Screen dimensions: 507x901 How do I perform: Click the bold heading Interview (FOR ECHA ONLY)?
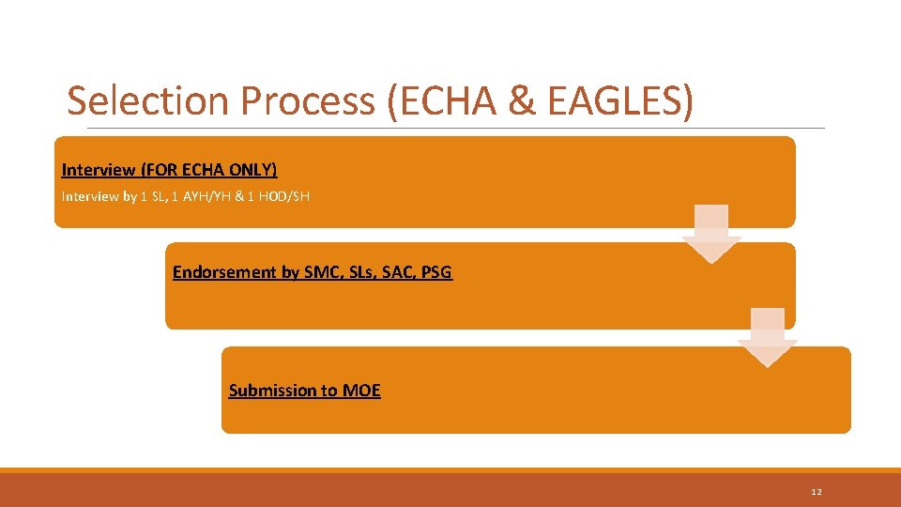(x=169, y=170)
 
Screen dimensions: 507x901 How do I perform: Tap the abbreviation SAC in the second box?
(x=400, y=272)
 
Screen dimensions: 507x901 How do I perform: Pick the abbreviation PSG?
(x=437, y=272)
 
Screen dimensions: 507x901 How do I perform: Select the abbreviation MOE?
(x=361, y=391)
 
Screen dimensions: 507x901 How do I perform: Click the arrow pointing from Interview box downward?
(x=710, y=233)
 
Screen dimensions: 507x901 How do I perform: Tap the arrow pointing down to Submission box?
(x=767, y=337)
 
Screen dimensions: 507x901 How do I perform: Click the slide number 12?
(x=817, y=492)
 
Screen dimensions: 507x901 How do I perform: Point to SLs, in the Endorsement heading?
(x=362, y=272)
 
